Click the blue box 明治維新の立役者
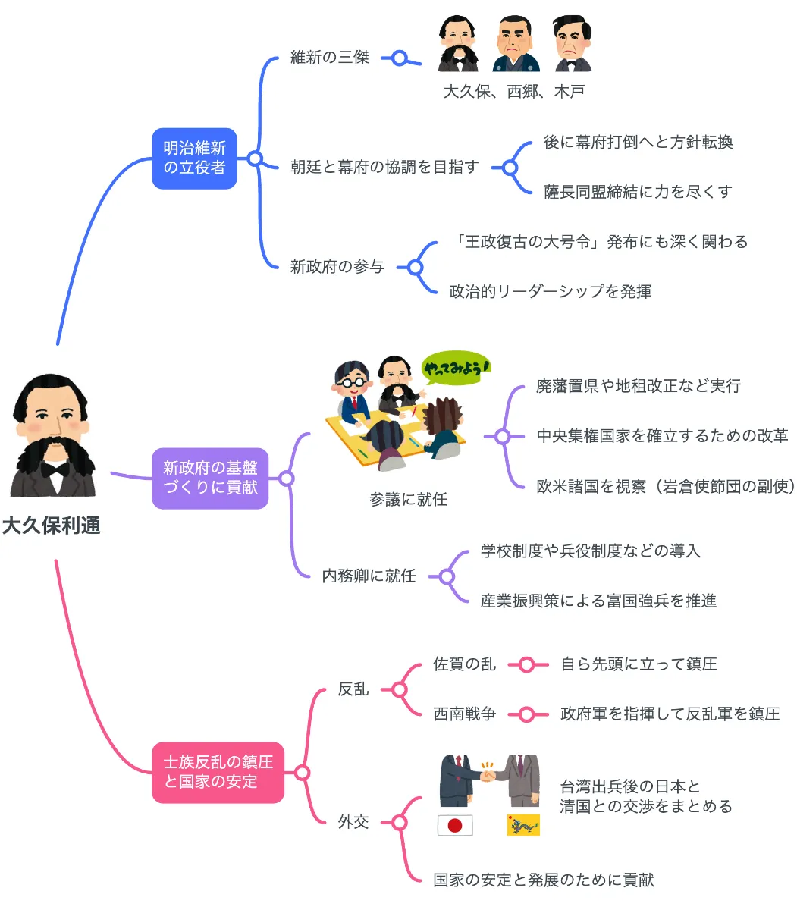coord(194,158)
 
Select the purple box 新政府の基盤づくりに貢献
coord(210,478)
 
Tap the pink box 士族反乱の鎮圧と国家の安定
coord(218,772)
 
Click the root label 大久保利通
coord(51,526)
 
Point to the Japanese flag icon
coord(455,825)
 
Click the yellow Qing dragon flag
coord(522,825)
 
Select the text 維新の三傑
coord(330,58)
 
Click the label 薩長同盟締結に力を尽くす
coord(638,192)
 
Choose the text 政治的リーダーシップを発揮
coord(550,292)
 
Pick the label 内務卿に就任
coord(369,576)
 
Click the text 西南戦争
coord(464,714)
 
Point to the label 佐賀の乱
coord(464,664)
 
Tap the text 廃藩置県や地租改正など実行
coord(638,386)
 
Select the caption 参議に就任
coord(408,500)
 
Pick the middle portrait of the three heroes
coord(516,45)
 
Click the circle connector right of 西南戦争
coord(529,714)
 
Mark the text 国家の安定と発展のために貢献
coord(543,880)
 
